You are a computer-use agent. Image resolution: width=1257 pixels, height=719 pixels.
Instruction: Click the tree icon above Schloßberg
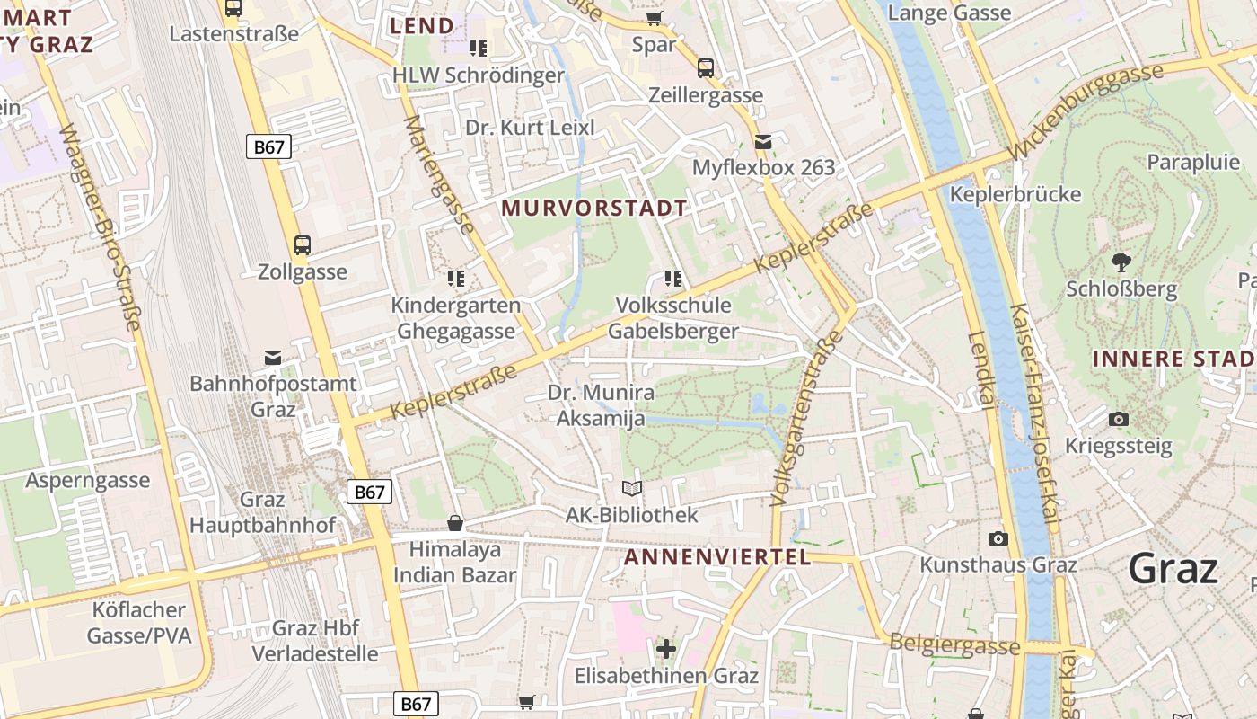click(x=1121, y=262)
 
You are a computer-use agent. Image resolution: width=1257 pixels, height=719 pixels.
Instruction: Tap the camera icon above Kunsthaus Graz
click(x=998, y=538)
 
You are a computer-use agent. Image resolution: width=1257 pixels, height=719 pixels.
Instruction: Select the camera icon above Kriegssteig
click(x=1119, y=419)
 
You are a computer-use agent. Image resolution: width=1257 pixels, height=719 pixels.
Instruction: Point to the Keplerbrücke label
click(x=1015, y=194)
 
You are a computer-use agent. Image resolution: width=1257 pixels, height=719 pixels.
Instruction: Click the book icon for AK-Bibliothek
click(x=632, y=488)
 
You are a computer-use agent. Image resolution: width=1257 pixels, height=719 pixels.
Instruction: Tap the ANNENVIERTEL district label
click(x=717, y=557)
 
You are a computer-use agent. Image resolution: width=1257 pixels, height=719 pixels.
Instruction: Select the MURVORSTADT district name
click(x=594, y=209)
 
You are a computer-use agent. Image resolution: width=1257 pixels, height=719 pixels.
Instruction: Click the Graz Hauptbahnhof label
click(x=262, y=512)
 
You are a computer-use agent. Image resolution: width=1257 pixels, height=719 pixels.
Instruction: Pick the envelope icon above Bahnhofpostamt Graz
click(x=273, y=359)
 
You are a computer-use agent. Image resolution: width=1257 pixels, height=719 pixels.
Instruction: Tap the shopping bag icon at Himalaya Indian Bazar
click(x=455, y=523)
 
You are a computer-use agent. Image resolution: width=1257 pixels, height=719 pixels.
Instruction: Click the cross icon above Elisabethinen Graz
click(x=665, y=648)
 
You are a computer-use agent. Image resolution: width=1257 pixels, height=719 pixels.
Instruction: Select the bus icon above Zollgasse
click(x=303, y=244)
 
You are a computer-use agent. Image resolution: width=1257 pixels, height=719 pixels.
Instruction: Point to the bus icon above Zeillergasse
click(x=706, y=67)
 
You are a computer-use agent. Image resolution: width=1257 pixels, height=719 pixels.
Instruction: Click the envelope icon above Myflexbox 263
click(x=763, y=141)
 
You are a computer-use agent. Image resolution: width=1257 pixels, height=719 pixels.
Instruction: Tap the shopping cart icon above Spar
click(x=655, y=18)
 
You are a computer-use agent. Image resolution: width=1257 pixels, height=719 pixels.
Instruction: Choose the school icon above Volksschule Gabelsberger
click(x=672, y=279)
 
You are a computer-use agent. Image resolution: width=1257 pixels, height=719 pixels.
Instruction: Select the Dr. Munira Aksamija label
click(x=601, y=405)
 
